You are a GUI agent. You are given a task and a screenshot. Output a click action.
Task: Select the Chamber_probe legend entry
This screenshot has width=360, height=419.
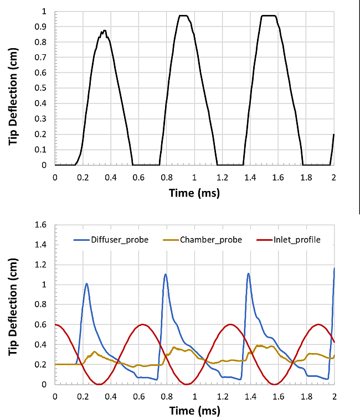click(200, 239)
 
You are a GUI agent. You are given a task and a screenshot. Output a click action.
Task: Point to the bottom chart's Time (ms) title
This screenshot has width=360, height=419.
click(194, 411)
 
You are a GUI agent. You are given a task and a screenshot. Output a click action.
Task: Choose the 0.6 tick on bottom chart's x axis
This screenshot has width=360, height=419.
click(138, 396)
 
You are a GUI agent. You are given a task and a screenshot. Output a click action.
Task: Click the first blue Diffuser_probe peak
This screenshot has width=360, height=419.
click(86, 283)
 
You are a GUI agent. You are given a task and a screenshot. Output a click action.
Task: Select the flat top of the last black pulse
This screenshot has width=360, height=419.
click(268, 15)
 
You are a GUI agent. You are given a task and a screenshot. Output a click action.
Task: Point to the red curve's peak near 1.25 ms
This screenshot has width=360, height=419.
click(229, 324)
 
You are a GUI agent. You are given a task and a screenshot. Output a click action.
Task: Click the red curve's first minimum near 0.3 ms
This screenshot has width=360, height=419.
click(99, 384)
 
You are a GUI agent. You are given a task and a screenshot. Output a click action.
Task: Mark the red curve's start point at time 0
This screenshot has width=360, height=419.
click(55, 324)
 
